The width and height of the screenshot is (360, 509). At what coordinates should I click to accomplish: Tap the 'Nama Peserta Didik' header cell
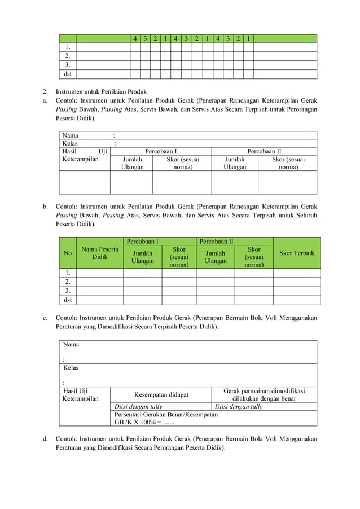[x=100, y=253]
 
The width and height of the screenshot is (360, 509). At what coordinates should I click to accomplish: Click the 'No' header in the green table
[x=68, y=253]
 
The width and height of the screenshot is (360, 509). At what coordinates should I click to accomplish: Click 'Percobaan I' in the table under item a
[x=161, y=151]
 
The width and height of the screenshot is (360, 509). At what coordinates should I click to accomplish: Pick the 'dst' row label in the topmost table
[x=67, y=74]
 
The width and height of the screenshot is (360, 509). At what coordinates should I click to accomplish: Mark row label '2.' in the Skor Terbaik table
[x=68, y=282]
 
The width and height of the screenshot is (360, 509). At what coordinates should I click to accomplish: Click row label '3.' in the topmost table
[x=68, y=65]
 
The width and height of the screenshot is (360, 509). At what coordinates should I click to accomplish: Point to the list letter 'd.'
[x=45, y=438]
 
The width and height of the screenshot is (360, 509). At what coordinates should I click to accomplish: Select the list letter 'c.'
[x=45, y=318]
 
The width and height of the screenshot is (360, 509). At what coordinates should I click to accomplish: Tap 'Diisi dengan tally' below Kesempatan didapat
[x=138, y=406]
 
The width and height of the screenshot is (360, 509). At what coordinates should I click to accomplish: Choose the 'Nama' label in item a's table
[x=71, y=135]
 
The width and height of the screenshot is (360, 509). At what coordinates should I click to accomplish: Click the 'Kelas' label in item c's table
[x=71, y=368]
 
